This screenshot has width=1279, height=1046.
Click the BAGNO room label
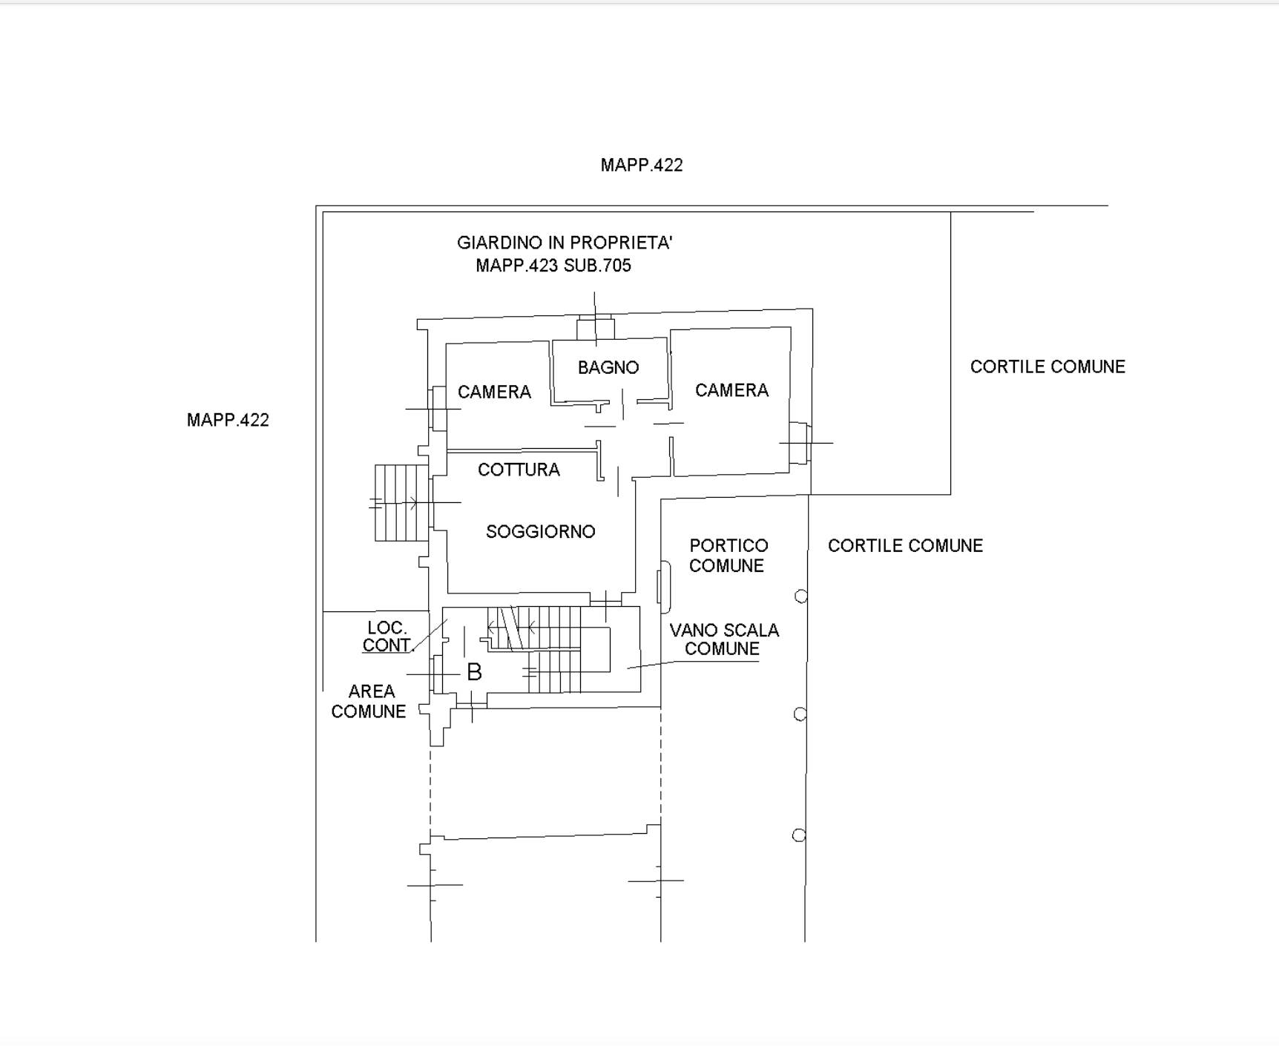608,367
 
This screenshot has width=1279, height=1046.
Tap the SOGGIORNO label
541,531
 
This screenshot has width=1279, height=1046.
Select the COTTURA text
519,470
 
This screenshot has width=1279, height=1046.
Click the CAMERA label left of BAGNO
494,392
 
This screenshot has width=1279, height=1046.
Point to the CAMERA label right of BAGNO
731,390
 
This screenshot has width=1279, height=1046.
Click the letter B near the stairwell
475,672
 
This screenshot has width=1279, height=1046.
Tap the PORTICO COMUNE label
728,556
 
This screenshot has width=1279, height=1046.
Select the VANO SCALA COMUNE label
724,639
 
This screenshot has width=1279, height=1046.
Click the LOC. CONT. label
387,637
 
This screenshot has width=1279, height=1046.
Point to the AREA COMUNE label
369,701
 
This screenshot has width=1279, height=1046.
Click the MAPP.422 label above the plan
642,165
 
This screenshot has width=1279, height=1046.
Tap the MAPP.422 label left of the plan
228,420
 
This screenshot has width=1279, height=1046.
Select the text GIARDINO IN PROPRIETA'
565,243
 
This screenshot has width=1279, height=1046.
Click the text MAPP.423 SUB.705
553,266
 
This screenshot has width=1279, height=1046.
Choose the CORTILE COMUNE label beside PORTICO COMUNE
905,545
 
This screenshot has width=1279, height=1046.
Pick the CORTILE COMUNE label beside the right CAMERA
1048,366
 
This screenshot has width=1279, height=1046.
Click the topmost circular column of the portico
801,596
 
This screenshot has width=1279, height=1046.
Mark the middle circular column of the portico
800,714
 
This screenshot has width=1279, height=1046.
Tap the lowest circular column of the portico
799,835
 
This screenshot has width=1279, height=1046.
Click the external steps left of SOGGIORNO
401,503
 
